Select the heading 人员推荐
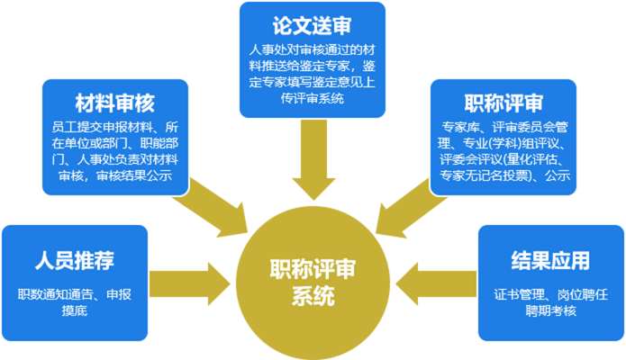(x=74, y=262)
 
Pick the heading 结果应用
(x=550, y=262)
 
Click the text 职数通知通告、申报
(x=75, y=294)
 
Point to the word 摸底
(x=74, y=311)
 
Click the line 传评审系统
(x=313, y=99)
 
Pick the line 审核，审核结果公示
(x=114, y=175)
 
